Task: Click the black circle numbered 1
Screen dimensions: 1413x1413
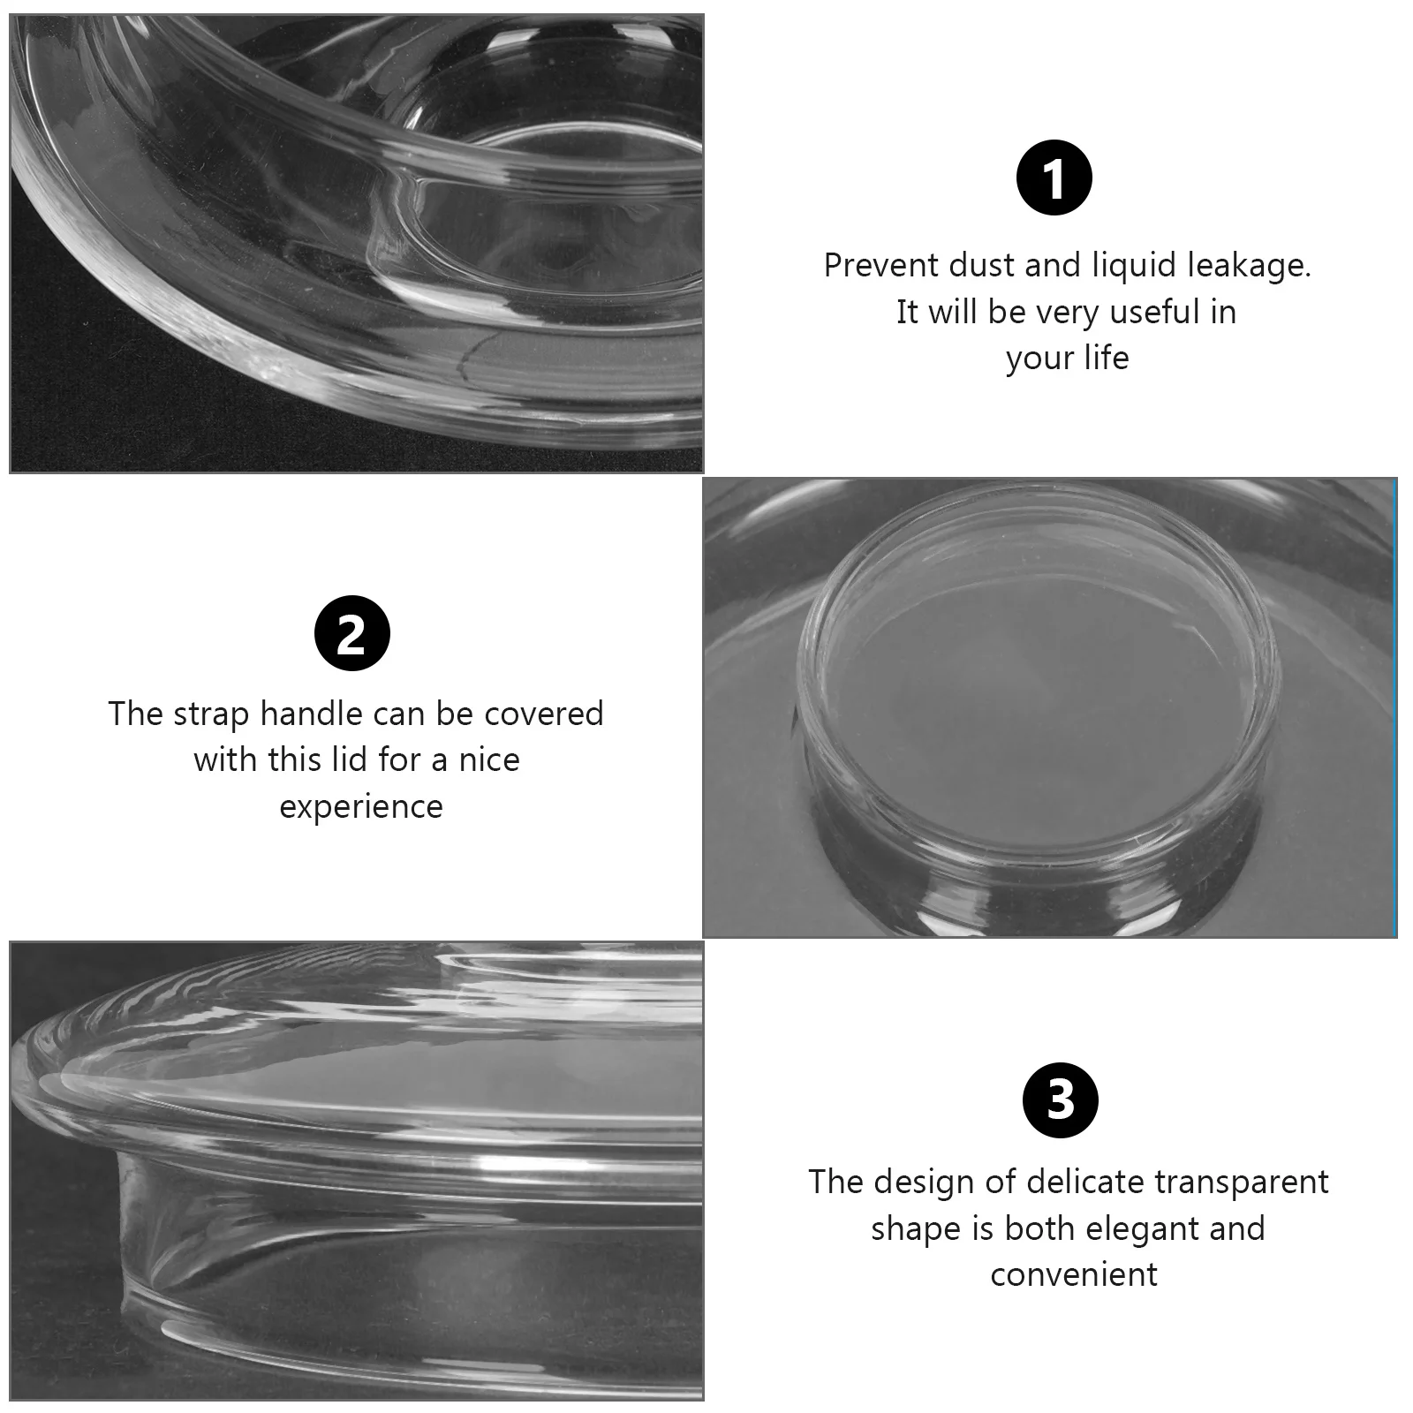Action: [x=1054, y=178]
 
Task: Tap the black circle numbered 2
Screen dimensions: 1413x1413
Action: [x=351, y=634]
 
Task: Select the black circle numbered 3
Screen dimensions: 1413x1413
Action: [x=1060, y=1100]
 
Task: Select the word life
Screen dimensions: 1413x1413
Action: [x=1106, y=359]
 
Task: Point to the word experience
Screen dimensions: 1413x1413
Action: [x=360, y=807]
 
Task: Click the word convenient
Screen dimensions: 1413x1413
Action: [x=1073, y=1275]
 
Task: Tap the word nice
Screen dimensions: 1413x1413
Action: [x=489, y=760]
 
